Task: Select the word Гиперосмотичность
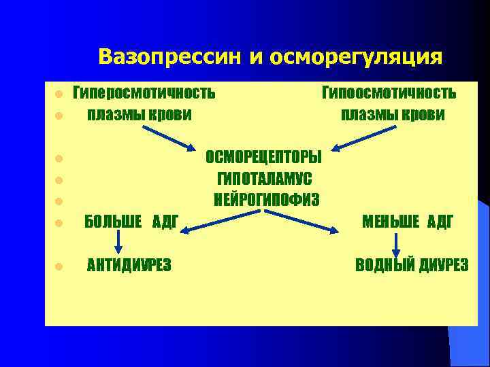[x=144, y=92]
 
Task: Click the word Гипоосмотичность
[x=389, y=92]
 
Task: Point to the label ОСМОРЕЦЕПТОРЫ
[x=264, y=157]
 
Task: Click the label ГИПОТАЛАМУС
[x=264, y=179]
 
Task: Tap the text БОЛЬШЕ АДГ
[x=131, y=222]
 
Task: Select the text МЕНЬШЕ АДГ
[x=408, y=222]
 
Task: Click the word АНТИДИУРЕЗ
[x=129, y=265]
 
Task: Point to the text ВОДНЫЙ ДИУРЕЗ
[x=412, y=265]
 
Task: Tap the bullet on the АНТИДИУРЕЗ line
[x=59, y=266]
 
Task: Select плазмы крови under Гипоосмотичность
[x=393, y=114]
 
